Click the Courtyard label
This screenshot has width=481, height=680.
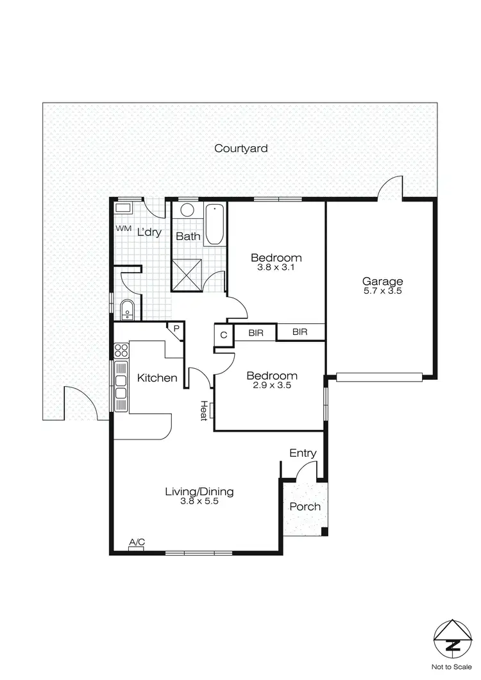pos(240,148)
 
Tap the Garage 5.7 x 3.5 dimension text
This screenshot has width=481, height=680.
pos(382,291)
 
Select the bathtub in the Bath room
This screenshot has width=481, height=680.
pos(215,224)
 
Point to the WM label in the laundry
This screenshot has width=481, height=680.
pos(122,228)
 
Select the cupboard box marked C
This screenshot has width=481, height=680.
pos(223,334)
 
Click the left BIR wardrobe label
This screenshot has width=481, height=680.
pos(255,332)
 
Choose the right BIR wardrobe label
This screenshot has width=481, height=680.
pos(300,332)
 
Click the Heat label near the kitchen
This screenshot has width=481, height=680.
pos(204,411)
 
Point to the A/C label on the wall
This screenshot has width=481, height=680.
pos(137,543)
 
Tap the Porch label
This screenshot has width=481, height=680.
pos(305,506)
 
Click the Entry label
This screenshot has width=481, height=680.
pos(303,453)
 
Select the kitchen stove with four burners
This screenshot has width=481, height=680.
pos(121,350)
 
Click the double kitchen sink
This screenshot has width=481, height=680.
pos(121,387)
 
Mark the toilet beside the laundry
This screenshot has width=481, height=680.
pos(126,309)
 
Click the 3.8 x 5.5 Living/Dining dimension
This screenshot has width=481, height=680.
pos(199,502)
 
